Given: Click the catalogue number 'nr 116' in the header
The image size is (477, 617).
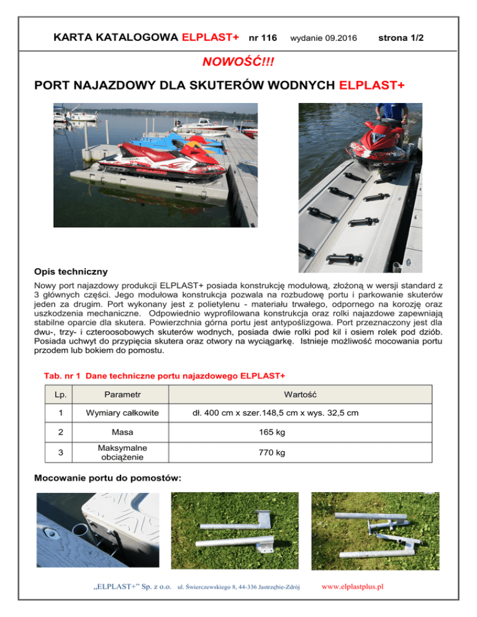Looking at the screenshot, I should click(262, 38).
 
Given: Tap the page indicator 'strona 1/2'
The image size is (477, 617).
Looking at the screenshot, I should click(401, 38).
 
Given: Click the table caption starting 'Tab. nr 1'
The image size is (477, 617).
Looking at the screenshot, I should click(165, 376).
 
